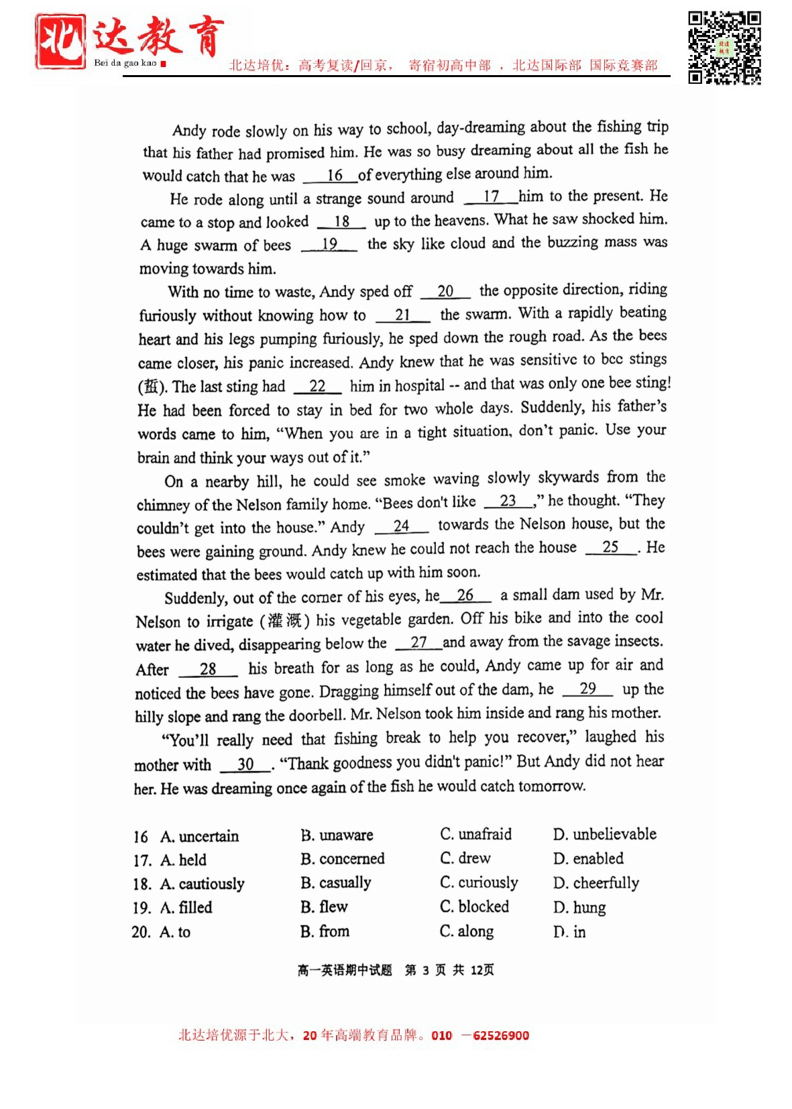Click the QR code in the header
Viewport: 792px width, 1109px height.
pyautogui.click(x=724, y=48)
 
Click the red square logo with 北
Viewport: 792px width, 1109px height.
pyautogui.click(x=60, y=42)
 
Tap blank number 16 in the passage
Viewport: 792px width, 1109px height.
pyautogui.click(x=334, y=175)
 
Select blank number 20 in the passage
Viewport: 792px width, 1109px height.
pyautogui.click(x=445, y=291)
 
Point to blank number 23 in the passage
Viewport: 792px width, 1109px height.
pyautogui.click(x=508, y=501)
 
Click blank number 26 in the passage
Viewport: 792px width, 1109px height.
pyautogui.click(x=465, y=595)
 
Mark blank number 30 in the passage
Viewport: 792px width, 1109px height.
pyautogui.click(x=245, y=764)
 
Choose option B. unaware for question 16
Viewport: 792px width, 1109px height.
pyautogui.click(x=337, y=835)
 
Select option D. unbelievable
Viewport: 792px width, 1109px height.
pyautogui.click(x=604, y=834)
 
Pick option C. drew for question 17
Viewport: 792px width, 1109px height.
pyautogui.click(x=465, y=858)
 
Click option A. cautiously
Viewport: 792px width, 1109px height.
pyautogui.click(x=202, y=884)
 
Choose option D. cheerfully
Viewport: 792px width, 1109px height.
pyautogui.click(x=596, y=883)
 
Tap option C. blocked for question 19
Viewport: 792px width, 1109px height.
pyautogui.click(x=474, y=907)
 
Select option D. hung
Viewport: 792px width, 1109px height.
pyautogui.click(x=579, y=908)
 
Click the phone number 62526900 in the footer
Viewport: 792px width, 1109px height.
pyautogui.click(x=500, y=1035)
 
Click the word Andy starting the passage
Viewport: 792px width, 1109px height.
pyautogui.click(x=188, y=130)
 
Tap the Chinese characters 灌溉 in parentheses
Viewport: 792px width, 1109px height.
pyautogui.click(x=285, y=620)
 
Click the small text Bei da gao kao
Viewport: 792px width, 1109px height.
pyautogui.click(x=125, y=63)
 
